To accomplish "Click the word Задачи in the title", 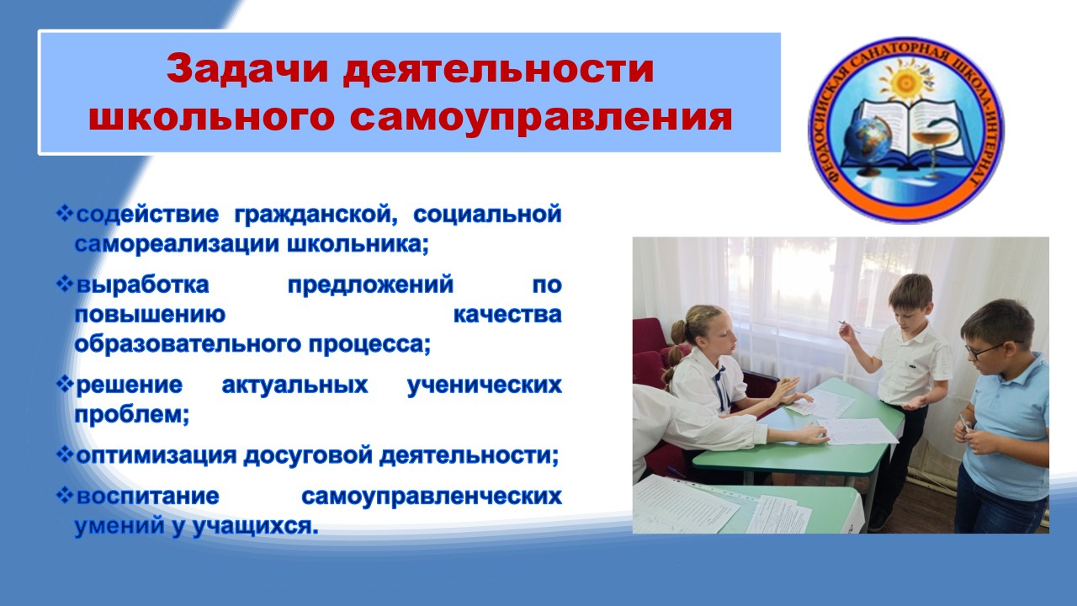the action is click(247, 69).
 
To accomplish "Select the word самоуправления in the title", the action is click(541, 117).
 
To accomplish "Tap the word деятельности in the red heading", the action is click(498, 70).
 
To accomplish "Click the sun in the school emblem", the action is click(905, 82).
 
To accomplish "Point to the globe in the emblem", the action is click(866, 140).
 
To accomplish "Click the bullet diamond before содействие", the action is click(65, 213).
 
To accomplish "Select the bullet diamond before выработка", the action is click(65, 284).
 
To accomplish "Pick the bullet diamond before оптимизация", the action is click(65, 454).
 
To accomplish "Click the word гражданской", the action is click(316, 214).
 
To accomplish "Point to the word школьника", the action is click(358, 244).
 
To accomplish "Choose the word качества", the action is click(507, 315).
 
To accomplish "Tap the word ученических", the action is click(485, 385).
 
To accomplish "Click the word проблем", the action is click(132, 415).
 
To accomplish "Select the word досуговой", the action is click(308, 455).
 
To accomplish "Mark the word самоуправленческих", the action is click(432, 497).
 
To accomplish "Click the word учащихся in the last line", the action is click(255, 526).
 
